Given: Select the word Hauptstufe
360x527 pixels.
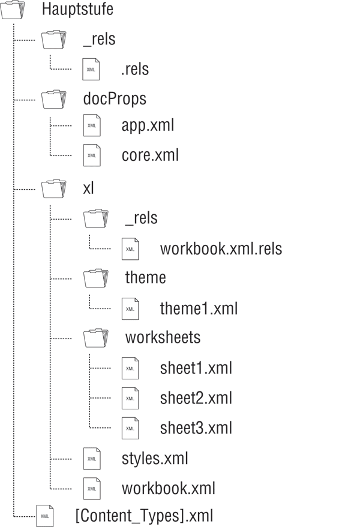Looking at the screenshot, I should (x=77, y=10).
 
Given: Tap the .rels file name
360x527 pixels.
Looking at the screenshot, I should (x=135, y=70).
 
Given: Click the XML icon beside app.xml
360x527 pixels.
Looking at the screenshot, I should (x=92, y=126).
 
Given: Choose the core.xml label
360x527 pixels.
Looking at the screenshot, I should (x=150, y=156).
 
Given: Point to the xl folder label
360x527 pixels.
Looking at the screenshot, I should (x=88, y=188).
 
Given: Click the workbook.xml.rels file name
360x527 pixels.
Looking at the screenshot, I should (x=221, y=248).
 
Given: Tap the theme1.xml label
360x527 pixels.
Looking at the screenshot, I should (x=199, y=309).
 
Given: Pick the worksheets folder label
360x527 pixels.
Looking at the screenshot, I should (x=163, y=338).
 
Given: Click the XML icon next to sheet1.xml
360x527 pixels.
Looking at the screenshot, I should (x=130, y=368).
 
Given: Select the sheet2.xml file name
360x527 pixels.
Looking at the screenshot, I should (x=196, y=398).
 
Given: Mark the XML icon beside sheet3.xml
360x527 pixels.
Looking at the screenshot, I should (x=130, y=428).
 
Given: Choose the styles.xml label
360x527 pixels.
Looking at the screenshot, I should (x=155, y=459).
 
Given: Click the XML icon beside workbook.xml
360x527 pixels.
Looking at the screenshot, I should (x=92, y=489).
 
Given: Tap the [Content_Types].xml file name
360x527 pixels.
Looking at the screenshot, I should (x=143, y=516).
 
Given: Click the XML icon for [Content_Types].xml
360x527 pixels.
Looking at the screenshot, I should (x=45, y=516).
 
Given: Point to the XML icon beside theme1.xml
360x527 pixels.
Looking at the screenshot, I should (x=130, y=309).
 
